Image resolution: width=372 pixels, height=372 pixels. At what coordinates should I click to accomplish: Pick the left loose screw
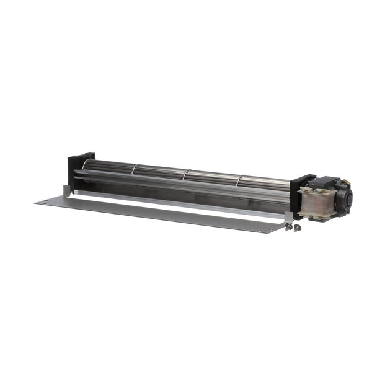[x=289, y=228]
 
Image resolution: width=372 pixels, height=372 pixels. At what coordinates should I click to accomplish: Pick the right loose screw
[x=298, y=228]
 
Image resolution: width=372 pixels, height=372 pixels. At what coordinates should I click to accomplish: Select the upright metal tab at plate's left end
[x=68, y=189]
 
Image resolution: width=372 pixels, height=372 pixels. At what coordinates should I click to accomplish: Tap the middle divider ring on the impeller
[x=186, y=173]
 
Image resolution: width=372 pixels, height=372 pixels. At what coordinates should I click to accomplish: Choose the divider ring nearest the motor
[x=239, y=179]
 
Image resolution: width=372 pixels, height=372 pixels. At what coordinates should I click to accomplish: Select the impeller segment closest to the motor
[x=265, y=183]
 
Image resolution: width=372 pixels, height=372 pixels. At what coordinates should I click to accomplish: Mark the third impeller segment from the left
[x=212, y=177]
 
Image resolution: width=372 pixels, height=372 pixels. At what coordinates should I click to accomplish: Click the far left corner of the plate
[x=37, y=201]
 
